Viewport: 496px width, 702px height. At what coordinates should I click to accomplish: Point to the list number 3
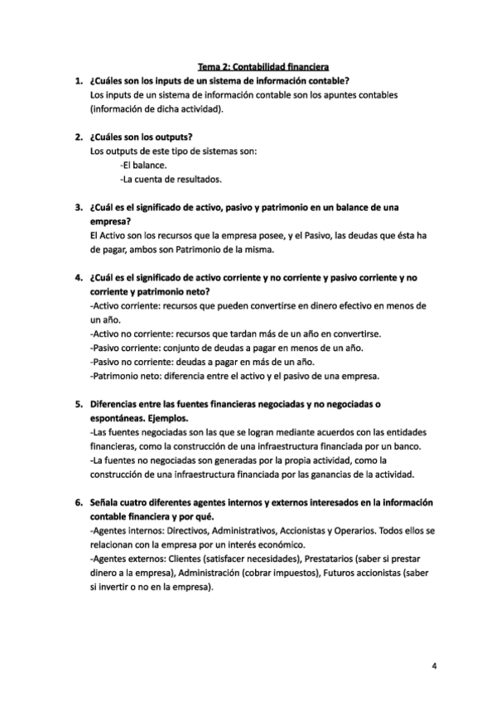77,206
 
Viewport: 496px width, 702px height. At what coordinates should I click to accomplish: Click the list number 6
77,502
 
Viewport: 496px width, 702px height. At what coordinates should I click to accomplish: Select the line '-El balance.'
143,165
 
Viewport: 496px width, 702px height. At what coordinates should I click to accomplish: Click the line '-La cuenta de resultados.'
171,179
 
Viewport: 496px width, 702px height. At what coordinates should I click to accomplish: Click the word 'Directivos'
194,531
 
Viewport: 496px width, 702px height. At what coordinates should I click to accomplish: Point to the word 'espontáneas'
122,420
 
